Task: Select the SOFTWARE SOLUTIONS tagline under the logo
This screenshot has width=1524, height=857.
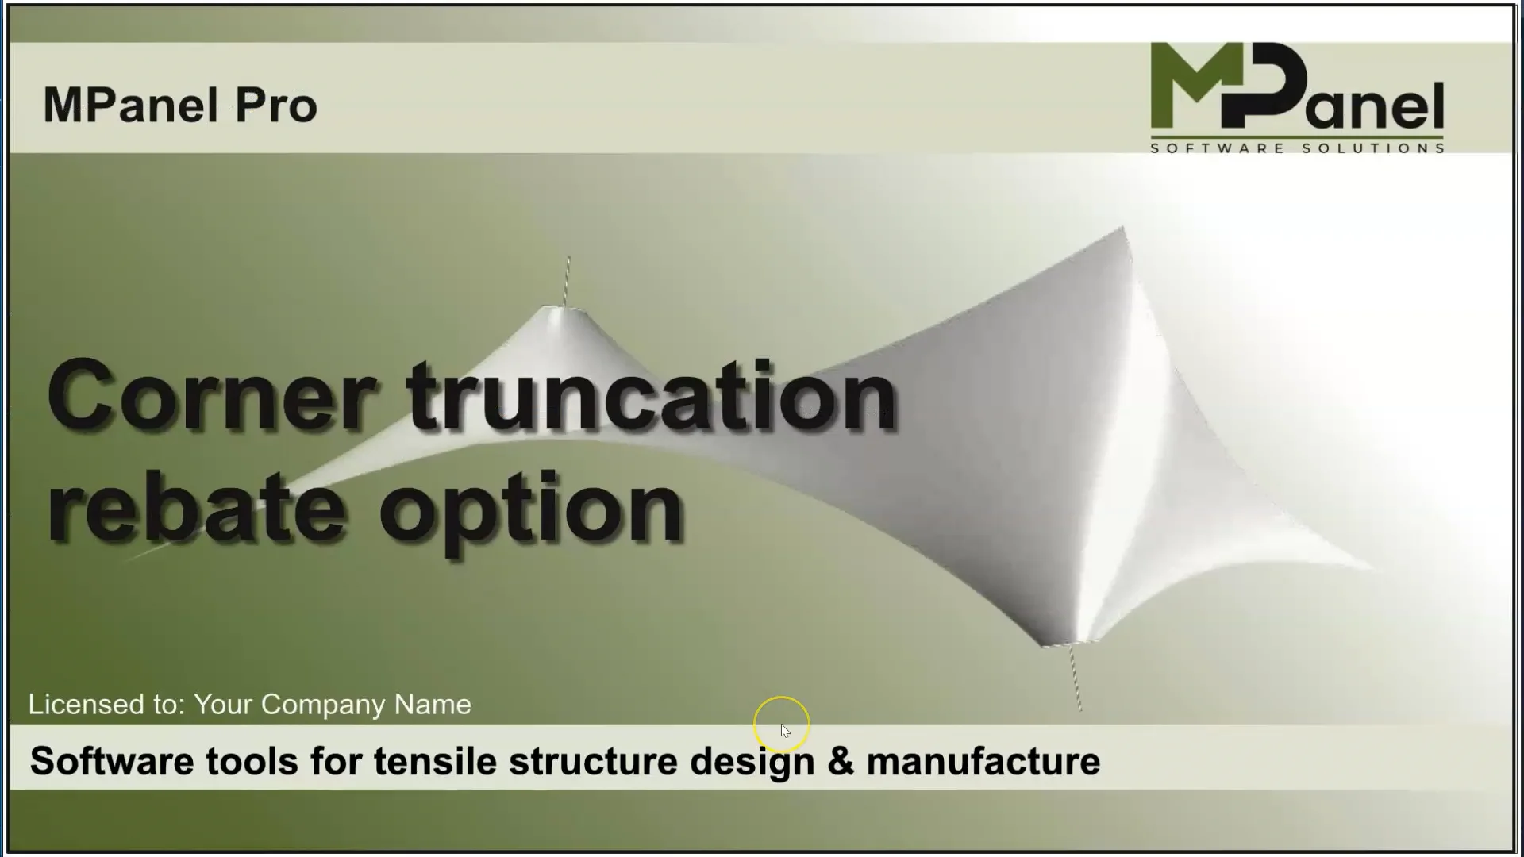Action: click(x=1297, y=148)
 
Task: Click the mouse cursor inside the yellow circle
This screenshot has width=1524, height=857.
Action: click(x=784, y=730)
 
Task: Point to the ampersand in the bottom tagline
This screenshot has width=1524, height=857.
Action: click(x=841, y=761)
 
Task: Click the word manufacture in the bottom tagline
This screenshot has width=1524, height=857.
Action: click(x=983, y=761)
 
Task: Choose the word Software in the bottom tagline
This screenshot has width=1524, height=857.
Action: click(x=111, y=761)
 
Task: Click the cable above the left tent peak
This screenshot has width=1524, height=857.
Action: click(x=566, y=280)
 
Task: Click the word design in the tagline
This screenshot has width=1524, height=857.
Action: click(x=752, y=761)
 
